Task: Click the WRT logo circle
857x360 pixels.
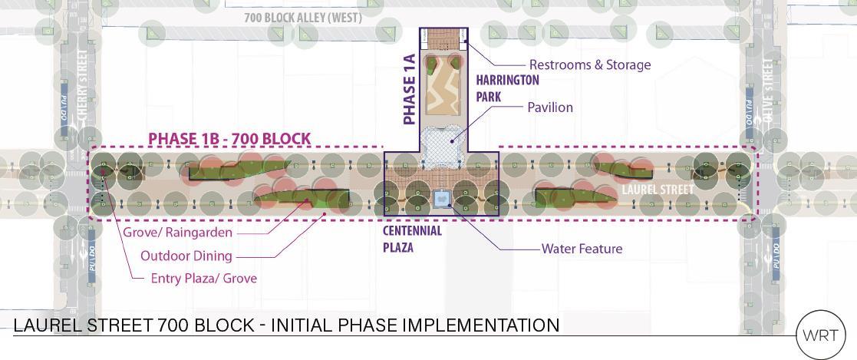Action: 821,335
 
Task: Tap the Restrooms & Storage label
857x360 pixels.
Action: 589,65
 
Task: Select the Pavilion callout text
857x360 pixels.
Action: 549,107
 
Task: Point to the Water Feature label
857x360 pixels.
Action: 582,249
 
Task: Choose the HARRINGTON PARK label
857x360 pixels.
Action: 508,88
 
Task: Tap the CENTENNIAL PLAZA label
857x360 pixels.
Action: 413,239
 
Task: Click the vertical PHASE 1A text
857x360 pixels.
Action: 409,89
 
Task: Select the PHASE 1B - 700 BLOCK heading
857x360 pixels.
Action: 229,139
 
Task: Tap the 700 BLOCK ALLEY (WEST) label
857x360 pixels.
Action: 302,18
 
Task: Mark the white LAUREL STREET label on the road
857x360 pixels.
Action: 658,190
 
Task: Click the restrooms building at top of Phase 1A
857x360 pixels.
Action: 443,38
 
